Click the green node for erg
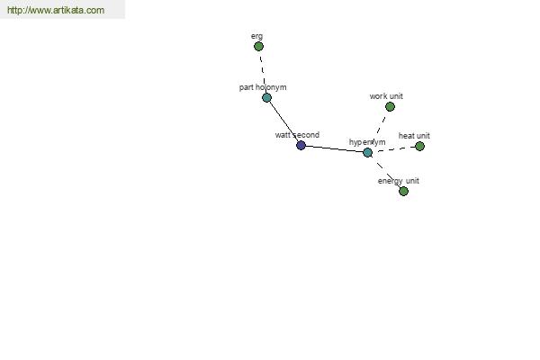coord(258,46)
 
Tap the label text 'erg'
coord(256,37)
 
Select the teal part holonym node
coord(267,98)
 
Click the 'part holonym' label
coord(263,87)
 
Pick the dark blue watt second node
coord(301,146)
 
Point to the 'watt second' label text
coord(297,135)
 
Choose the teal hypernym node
coord(368,153)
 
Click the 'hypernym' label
coord(367,142)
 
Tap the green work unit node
coord(391,107)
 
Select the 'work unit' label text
coord(386,96)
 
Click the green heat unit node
coord(419,147)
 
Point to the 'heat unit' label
coord(414,136)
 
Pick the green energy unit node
coord(403,191)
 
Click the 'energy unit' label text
coord(399,181)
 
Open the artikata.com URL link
coord(56,10)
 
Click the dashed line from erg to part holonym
coord(263,72)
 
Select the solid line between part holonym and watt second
coord(283,121)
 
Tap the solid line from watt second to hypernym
coord(335,148)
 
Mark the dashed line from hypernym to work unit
coord(379,130)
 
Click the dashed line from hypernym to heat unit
coord(393,149)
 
